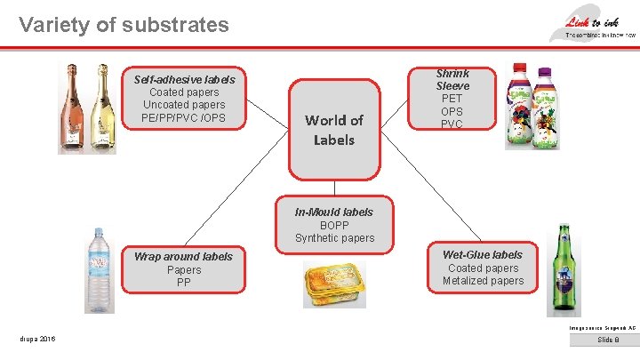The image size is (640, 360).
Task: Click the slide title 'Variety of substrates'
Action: click(124, 25)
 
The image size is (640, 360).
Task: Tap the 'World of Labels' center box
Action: click(334, 130)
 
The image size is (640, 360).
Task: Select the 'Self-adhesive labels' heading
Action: click(184, 79)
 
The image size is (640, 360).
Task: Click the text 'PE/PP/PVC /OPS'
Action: click(184, 118)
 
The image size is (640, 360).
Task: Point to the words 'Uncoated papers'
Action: click(184, 105)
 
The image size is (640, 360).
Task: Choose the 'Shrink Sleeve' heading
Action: click(452, 79)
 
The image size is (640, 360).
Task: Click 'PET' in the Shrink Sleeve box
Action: click(452, 99)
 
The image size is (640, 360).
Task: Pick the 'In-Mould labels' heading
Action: click(334, 212)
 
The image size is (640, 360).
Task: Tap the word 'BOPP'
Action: click(334, 225)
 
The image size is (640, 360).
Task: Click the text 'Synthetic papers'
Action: click(334, 238)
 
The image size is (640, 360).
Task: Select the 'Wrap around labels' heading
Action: click(183, 257)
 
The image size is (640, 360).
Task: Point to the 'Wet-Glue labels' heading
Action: click(483, 254)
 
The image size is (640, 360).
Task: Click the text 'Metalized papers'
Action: click(483, 281)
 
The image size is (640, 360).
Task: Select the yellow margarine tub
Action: click(334, 284)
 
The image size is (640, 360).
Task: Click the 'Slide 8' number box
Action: click(608, 340)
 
